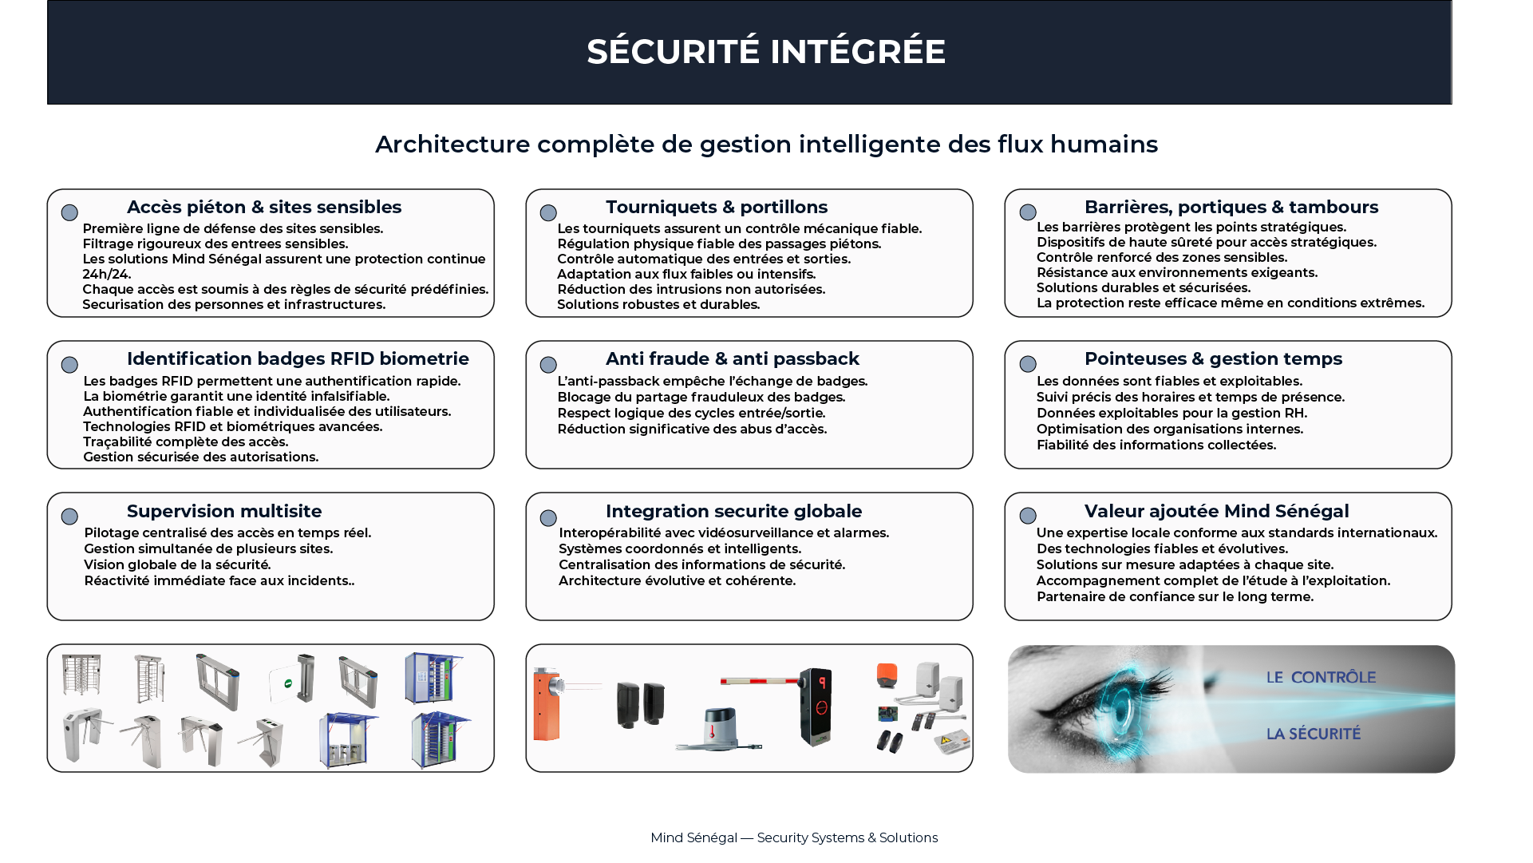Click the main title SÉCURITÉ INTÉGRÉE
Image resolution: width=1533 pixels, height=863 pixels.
[x=766, y=52]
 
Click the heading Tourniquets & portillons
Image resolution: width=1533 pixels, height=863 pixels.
[x=717, y=208]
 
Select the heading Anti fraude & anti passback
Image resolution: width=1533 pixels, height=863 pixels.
[x=733, y=359]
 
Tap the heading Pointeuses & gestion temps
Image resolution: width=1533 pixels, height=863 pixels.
[x=1213, y=359]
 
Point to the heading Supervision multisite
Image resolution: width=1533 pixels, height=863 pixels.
[x=224, y=511]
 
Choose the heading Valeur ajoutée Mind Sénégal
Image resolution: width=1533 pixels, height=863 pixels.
[x=1216, y=511]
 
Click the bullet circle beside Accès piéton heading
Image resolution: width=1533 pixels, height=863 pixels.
[x=69, y=212]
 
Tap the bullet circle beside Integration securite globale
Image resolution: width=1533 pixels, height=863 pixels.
[x=548, y=518]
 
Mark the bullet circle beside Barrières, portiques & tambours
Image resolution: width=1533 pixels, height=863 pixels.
[x=1028, y=212]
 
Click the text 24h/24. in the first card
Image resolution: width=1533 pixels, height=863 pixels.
[x=107, y=274]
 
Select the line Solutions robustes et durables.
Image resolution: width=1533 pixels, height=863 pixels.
[x=658, y=304]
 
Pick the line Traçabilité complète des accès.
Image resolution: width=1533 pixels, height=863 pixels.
[x=186, y=441]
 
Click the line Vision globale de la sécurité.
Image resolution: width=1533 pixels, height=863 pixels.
[x=178, y=564]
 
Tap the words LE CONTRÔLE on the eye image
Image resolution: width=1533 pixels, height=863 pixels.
[x=1321, y=678]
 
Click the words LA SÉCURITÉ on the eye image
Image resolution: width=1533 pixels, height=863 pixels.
[x=1314, y=734]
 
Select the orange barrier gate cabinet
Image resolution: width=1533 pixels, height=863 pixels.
[x=547, y=704]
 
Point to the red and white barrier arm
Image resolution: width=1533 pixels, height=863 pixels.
[x=759, y=681]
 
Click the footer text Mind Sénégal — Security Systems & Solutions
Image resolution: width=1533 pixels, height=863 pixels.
[x=794, y=837]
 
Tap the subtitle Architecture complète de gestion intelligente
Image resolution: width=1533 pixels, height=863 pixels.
[x=766, y=144]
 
